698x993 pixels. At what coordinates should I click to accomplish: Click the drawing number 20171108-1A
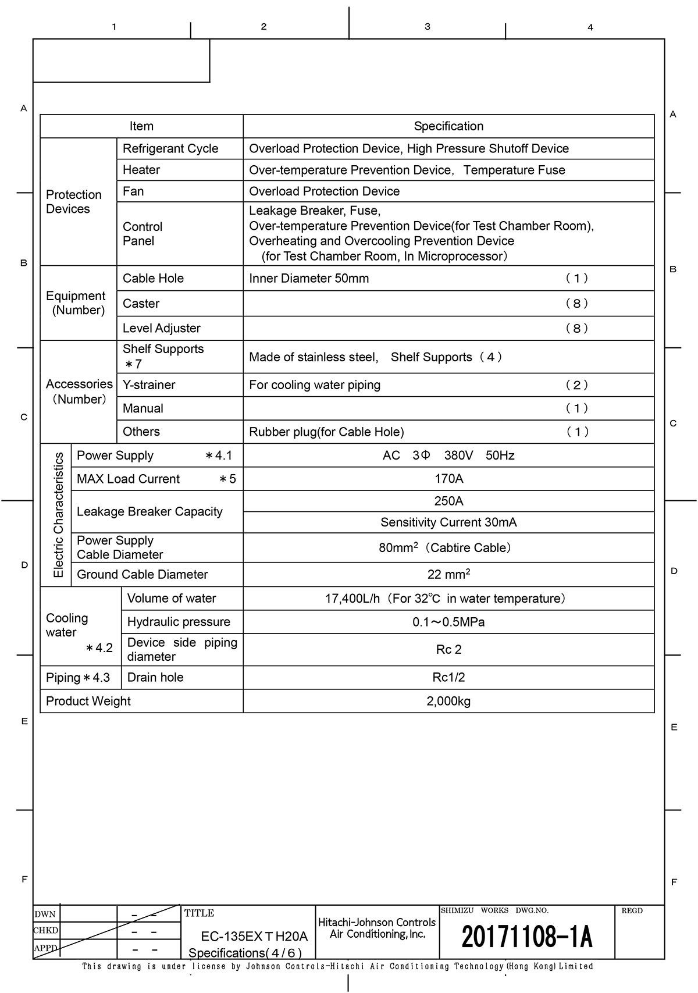pos(526,937)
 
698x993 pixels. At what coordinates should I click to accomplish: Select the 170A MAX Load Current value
pos(448,479)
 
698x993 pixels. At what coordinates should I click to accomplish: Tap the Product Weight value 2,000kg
pos(448,701)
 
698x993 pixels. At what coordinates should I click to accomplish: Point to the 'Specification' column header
pos(448,126)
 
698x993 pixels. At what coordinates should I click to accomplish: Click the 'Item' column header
pos(141,126)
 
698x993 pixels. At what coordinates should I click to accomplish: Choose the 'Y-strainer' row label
pos(149,385)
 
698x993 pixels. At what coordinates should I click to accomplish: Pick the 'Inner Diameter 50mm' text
pos(309,279)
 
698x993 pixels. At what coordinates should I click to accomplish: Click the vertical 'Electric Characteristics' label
pos(58,515)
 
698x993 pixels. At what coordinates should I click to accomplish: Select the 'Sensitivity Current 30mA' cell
pos(448,522)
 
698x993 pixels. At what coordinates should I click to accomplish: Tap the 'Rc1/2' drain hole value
pos(448,678)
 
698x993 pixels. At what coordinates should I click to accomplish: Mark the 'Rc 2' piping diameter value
pos(448,650)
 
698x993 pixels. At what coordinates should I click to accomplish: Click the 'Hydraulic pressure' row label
pos(179,622)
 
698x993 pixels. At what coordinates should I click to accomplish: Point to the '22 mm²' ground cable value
pos(448,574)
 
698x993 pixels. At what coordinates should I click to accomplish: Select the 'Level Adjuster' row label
pos(162,328)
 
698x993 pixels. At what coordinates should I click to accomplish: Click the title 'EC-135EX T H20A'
pos(254,937)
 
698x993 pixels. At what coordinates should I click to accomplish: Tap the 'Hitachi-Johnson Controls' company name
pos(377,923)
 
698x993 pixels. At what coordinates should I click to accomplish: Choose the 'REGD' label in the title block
pos(632,911)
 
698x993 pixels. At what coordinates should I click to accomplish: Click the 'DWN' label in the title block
pos(45,914)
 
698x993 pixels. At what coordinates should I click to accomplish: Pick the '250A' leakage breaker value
pos(448,501)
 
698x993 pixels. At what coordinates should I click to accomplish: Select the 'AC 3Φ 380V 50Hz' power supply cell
pos(448,455)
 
